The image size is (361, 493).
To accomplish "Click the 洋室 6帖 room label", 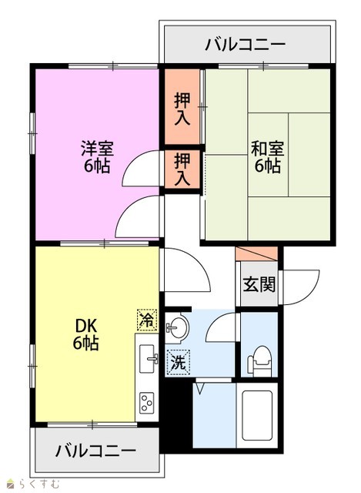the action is (97, 157).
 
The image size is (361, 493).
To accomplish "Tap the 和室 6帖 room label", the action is (267, 157).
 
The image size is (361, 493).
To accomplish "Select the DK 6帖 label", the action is (86, 334).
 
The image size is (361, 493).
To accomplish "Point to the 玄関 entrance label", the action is (259, 284).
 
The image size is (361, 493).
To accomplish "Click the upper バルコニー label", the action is (246, 45).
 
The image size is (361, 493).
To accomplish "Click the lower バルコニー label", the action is (95, 451).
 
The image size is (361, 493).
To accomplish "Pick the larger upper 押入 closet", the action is (182, 107).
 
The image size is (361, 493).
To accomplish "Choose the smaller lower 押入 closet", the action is (182, 169).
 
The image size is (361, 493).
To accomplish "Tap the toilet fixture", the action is (259, 360).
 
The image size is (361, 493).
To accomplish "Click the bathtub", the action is (257, 415).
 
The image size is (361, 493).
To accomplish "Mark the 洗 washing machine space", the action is (179, 363).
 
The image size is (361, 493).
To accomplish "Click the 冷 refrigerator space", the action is (147, 320).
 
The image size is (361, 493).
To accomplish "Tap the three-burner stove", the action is (147, 403).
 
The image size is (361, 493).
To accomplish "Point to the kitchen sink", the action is (148, 359).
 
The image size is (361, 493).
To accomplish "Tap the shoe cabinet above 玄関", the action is (256, 253).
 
